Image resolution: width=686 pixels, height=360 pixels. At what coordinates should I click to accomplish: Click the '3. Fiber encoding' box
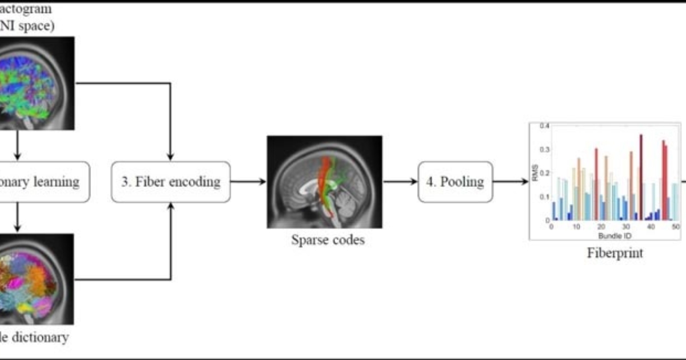(170, 182)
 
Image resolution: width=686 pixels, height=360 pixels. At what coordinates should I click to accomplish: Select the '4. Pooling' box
(455, 182)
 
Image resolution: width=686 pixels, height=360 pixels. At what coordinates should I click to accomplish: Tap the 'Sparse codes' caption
(328, 240)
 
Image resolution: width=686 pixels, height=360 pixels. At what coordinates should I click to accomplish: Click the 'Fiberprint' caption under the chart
(615, 253)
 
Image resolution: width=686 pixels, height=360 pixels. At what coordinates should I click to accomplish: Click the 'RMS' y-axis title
(536, 173)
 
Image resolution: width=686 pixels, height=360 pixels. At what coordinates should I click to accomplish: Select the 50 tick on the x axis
(675, 227)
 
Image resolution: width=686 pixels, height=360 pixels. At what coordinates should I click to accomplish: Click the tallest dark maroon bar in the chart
(641, 177)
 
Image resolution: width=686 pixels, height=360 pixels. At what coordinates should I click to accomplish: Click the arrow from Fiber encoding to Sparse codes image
(248, 182)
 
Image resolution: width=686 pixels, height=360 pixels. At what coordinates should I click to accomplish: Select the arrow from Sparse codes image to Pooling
(400, 182)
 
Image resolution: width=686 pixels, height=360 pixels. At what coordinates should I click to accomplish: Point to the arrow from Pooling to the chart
(510, 182)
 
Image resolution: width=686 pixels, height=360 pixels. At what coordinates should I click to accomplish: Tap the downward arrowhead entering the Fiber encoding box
(170, 157)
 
